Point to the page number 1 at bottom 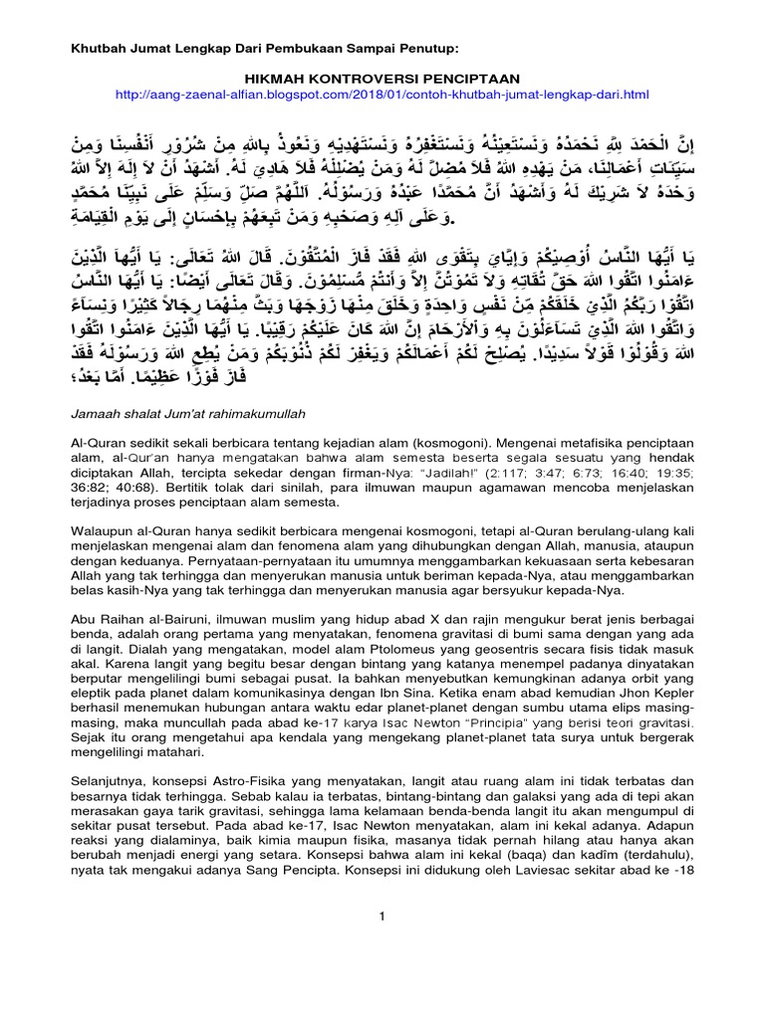coord(382,916)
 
